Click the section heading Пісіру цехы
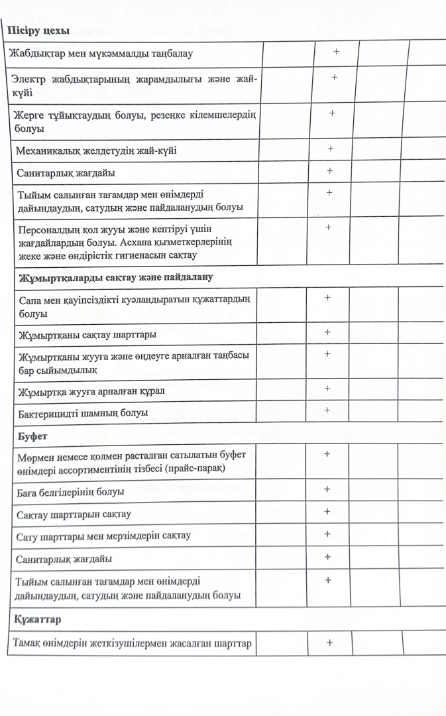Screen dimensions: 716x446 click(38, 31)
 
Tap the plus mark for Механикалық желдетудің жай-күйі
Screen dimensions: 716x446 click(330, 149)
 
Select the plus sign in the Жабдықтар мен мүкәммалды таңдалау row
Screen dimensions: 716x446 click(337, 52)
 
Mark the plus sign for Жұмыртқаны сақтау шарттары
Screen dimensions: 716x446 click(327, 331)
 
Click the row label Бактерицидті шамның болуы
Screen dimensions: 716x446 click(84, 412)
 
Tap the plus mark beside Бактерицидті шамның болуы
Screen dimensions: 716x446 click(327, 410)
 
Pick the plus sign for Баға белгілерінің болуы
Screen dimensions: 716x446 click(327, 489)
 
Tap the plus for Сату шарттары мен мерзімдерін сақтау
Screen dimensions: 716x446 click(327, 534)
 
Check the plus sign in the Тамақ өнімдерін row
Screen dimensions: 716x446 click(329, 642)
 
